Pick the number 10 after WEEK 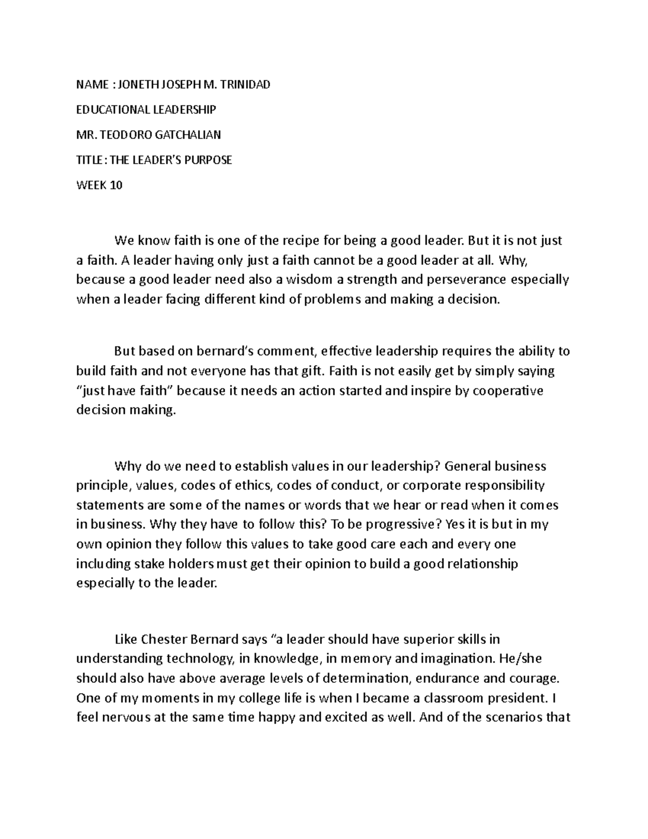pos(116,185)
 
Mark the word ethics pos(252,486)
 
